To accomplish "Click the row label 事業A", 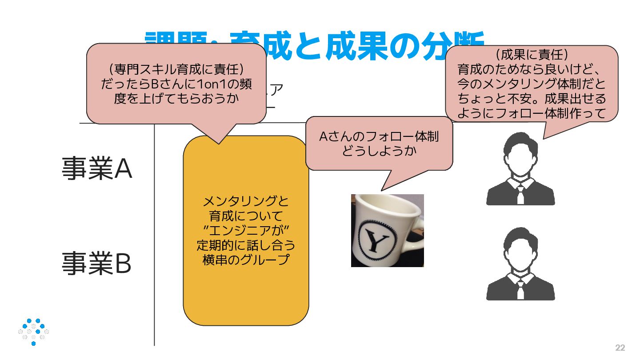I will tap(97, 169).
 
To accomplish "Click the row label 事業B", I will tap(96, 263).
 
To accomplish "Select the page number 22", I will tap(620, 348).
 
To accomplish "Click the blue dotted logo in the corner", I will tap(34, 332).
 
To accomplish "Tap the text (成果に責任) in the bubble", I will tap(532, 55).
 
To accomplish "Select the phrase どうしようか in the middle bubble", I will tap(379, 151).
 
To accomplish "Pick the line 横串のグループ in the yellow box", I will tap(246, 260).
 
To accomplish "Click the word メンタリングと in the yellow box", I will tap(246, 202).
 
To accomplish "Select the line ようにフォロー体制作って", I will tap(532, 113).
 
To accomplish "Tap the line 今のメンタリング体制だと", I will tap(532, 84).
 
